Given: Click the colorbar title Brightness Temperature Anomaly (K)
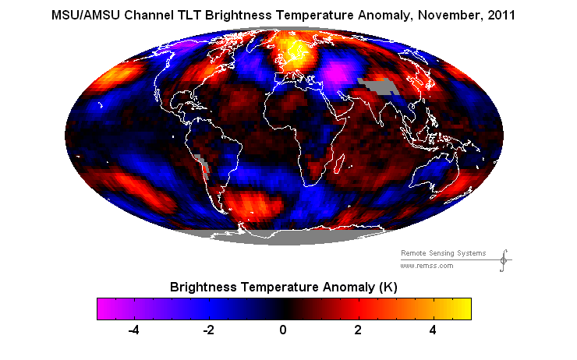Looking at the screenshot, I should click(284, 287).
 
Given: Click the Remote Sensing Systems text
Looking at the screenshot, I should click(443, 253).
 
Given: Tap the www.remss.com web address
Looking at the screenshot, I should click(427, 266).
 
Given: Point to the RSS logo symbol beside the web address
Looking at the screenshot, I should click(504, 259).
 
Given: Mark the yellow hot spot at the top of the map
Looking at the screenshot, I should click(294, 51).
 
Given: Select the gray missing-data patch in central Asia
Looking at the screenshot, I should click(377, 86).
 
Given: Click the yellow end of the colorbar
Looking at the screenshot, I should click(465, 309).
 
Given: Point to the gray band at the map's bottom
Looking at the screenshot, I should click(284, 239).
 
